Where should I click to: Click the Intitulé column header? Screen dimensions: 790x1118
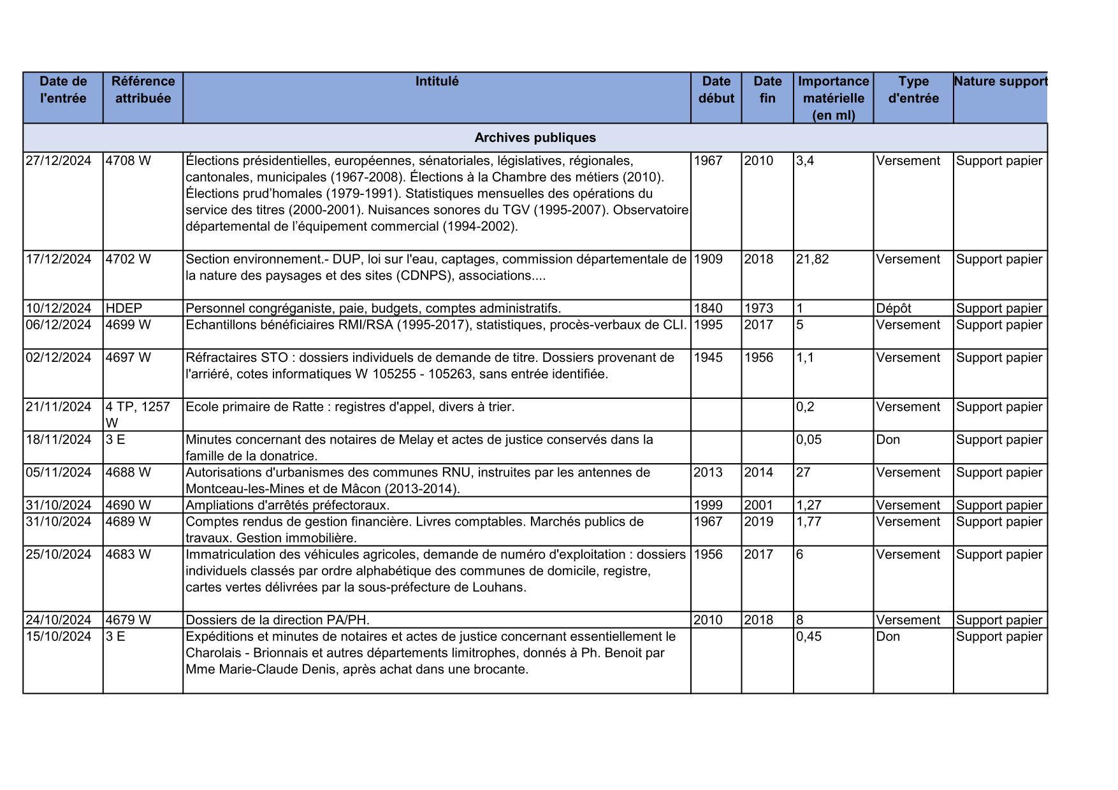click(437, 82)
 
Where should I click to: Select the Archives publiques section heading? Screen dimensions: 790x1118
click(535, 138)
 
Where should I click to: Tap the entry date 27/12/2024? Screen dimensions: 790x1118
click(59, 161)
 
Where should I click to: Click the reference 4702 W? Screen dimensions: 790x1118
click(128, 259)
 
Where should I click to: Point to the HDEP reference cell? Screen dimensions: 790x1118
click(124, 308)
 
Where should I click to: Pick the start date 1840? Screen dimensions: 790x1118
click(708, 308)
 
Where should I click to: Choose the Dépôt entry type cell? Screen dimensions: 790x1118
click(893, 308)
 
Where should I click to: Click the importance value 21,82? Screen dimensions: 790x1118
click(812, 259)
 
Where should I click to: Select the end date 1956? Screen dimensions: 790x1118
click(759, 357)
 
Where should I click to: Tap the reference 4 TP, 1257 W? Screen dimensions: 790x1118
click(138, 415)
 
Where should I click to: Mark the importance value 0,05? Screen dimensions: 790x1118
click(809, 440)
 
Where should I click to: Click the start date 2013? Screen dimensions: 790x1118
click(708, 473)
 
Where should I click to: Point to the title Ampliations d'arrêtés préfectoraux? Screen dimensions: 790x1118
click(287, 505)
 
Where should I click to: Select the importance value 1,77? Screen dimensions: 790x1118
click(809, 522)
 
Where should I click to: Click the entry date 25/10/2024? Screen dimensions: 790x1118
click(59, 555)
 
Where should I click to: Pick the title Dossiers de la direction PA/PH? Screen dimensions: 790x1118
click(277, 620)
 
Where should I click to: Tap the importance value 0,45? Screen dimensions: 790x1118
click(809, 636)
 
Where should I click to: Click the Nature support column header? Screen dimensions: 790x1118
click(1000, 82)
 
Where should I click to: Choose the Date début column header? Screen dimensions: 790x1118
click(716, 90)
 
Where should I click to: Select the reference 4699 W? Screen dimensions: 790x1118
click(128, 325)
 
